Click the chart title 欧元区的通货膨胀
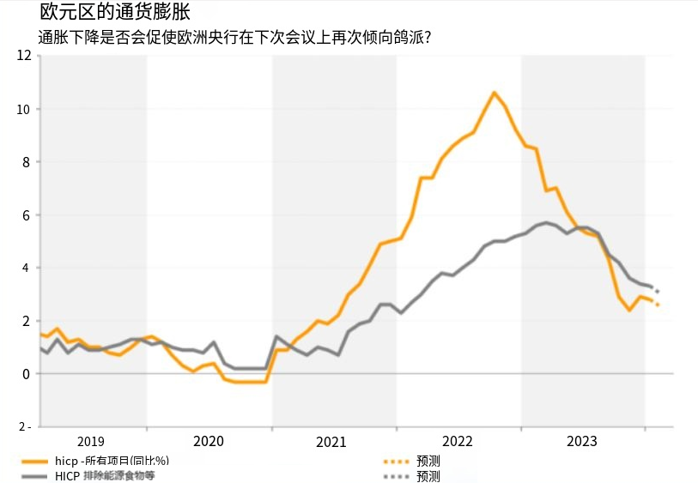click(115, 12)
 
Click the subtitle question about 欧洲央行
click(234, 38)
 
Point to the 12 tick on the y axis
click(24, 56)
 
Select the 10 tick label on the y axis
click(24, 109)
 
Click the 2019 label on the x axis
click(91, 441)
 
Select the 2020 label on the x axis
click(209, 441)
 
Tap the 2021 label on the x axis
click(331, 442)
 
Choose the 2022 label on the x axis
click(458, 441)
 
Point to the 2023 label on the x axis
click(582, 441)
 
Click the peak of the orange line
click(494, 93)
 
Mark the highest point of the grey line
click(547, 222)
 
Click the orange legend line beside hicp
click(32, 462)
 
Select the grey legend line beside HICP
click(32, 475)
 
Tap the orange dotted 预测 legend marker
click(396, 462)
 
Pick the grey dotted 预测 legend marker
click(396, 476)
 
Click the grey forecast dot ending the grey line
click(657, 292)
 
